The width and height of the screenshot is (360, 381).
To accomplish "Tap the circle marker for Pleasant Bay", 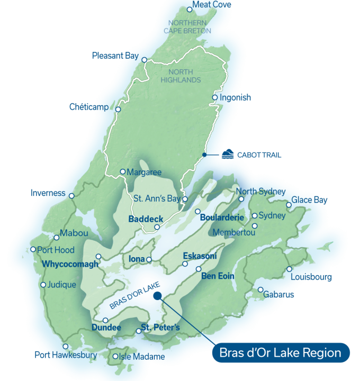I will (x=145, y=60).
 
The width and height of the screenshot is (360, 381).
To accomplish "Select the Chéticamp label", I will (x=89, y=107).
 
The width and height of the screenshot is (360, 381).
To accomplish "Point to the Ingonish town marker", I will (x=214, y=97).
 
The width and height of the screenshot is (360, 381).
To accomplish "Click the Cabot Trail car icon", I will (x=227, y=155).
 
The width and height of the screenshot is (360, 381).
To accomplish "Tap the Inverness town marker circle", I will (x=71, y=195).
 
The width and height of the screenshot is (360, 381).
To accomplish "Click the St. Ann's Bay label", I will (x=156, y=199).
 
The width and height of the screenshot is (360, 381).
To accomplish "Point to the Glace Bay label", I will (x=310, y=200).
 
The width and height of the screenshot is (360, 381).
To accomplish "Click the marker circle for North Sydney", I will (x=241, y=199).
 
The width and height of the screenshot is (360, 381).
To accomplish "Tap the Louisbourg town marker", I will (x=289, y=269).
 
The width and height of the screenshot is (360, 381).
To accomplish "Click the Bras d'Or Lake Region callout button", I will (x=281, y=353).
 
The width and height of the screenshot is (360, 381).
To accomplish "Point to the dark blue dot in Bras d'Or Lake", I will (x=157, y=296).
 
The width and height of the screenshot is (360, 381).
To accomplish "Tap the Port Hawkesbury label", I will (x=66, y=355).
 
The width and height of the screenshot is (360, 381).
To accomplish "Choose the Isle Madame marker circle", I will (x=115, y=356).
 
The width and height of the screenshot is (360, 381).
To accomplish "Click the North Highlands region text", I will (x=184, y=76).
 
